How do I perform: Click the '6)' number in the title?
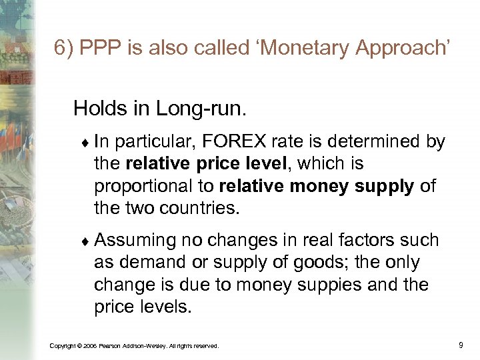[64, 49]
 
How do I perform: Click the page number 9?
[461, 345]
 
